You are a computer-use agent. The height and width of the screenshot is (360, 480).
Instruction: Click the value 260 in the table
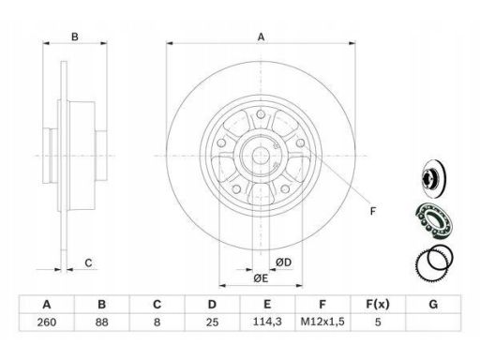pos(47,322)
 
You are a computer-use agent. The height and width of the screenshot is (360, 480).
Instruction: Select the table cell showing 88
pos(101,322)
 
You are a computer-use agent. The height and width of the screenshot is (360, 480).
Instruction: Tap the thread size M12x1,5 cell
pos(322,322)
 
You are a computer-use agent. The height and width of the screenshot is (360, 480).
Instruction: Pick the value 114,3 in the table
pos(267,322)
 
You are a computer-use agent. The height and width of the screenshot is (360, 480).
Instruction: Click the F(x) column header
pos(378,304)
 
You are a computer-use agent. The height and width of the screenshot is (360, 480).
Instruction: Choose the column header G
pos(433,304)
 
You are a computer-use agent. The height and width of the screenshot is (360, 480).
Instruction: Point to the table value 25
pos(212,322)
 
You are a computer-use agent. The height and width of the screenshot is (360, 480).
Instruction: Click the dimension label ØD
pos(283,262)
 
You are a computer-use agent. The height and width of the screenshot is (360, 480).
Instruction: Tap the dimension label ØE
pos(261,277)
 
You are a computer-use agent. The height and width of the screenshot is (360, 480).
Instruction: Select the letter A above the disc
pos(261,37)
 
